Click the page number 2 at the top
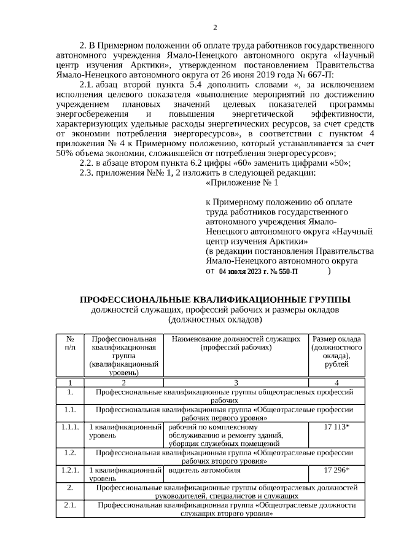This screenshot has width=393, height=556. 215,28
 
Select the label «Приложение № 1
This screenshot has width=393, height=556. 244,182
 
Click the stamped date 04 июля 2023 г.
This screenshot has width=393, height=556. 243,270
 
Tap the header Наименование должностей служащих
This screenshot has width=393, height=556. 236,339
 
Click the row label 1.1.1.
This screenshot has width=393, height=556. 71,426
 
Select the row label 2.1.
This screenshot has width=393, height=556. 71,505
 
